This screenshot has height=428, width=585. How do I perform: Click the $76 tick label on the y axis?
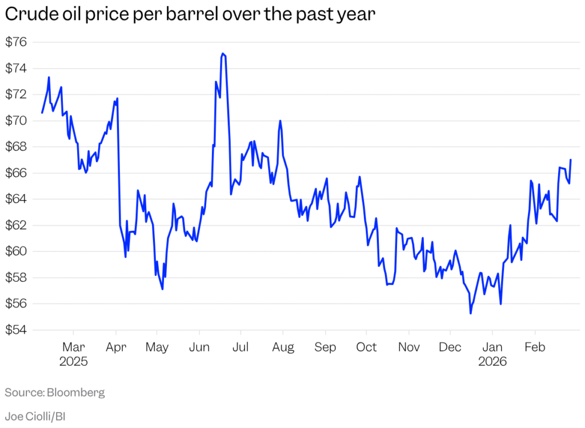pyautogui.click(x=17, y=42)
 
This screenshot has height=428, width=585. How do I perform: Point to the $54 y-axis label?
pyautogui.click(x=17, y=330)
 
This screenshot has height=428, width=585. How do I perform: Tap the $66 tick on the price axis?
pyautogui.click(x=17, y=173)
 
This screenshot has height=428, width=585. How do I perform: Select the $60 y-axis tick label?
pyautogui.click(x=17, y=251)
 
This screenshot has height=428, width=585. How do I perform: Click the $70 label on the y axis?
pyautogui.click(x=17, y=121)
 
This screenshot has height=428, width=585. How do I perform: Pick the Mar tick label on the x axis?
pyautogui.click(x=73, y=347)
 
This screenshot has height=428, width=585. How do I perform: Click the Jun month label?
pyautogui.click(x=199, y=347)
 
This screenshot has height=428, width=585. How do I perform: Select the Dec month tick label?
pyautogui.click(x=450, y=347)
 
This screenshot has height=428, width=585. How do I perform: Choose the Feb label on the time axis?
pyautogui.click(x=535, y=347)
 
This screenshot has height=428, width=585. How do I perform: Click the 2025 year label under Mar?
pyautogui.click(x=73, y=362)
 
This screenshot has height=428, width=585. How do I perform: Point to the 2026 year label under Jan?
pyautogui.click(x=492, y=362)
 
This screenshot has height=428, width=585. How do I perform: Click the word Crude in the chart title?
pyautogui.click(x=25, y=15)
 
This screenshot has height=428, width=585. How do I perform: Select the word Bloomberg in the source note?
pyautogui.click(x=76, y=393)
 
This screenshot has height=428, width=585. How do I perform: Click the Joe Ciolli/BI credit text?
pyautogui.click(x=35, y=417)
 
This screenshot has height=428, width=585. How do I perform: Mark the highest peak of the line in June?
pyautogui.click(x=223, y=54)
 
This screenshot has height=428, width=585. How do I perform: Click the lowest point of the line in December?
pyautogui.click(x=471, y=313)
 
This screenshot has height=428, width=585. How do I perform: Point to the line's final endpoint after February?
pyautogui.click(x=571, y=160)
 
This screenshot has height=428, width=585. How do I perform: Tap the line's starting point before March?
pyautogui.click(x=42, y=113)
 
